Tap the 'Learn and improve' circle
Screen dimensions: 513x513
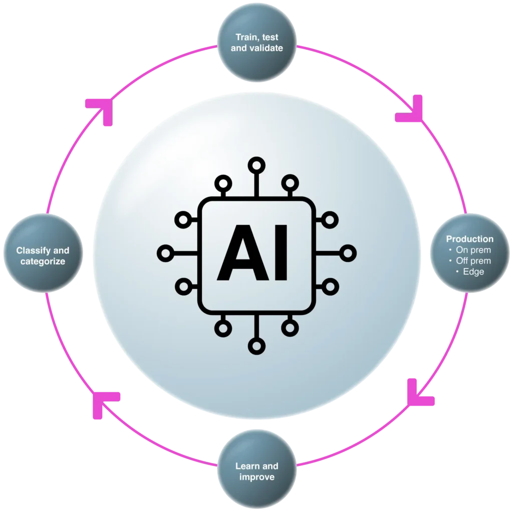pos(256,471)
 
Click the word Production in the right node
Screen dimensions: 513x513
pos(469,239)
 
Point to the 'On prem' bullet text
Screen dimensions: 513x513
pos(472,250)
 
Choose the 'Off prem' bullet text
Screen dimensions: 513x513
pos(472,261)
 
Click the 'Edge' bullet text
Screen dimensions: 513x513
pos(473,272)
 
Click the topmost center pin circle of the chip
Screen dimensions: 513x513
pos(256,164)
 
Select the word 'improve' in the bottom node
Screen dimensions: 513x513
pos(256,476)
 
